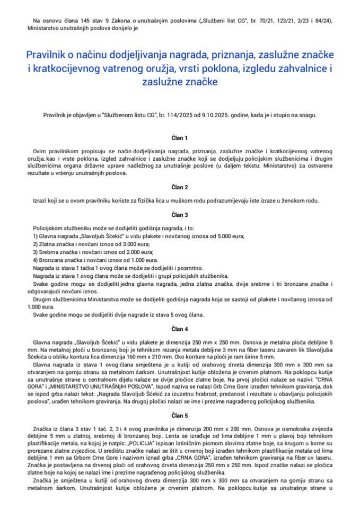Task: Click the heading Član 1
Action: click(x=180, y=138)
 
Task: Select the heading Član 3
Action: click(x=180, y=215)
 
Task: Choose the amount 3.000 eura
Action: click(x=121, y=244)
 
